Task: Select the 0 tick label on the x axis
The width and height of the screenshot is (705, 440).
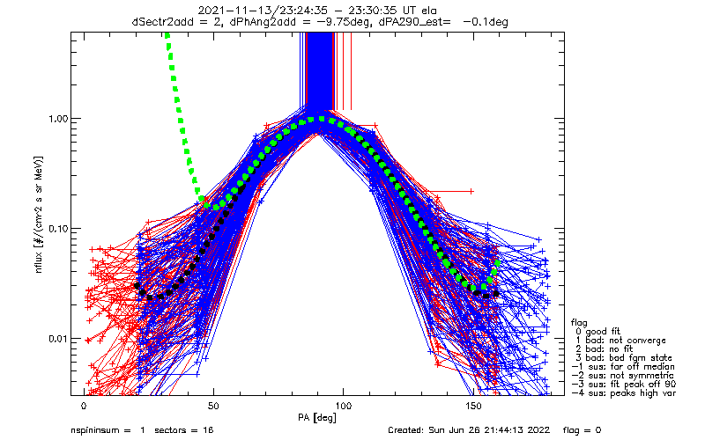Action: pyautogui.click(x=84, y=407)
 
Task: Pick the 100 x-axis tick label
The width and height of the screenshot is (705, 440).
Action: pyautogui.click(x=344, y=407)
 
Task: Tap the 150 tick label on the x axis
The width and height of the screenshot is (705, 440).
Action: pyautogui.click(x=474, y=407)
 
